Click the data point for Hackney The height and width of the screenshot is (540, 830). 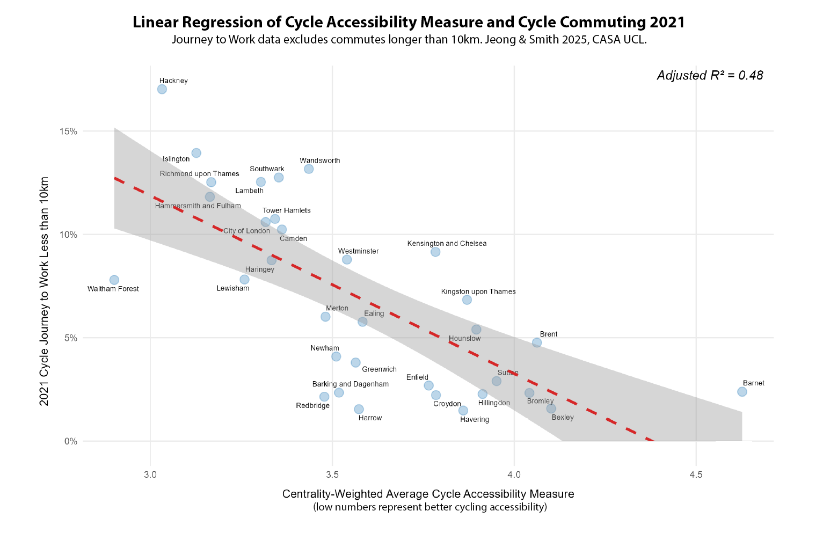pos(162,89)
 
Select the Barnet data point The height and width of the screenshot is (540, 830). pos(742,392)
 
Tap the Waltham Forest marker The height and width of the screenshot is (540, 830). pos(114,280)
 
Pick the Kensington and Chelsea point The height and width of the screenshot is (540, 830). pos(435,252)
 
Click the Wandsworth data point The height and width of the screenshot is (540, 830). pos(309,169)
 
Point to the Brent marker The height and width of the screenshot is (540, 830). pos(537,342)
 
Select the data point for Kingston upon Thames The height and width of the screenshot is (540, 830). pos(467,300)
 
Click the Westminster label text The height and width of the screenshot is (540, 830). pos(358,251)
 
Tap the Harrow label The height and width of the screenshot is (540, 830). pos(370,418)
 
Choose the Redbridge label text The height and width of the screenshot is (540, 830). pos(312,406)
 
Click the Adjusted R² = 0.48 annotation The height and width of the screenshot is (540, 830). pos(710,76)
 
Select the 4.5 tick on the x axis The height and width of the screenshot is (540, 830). pos(696,475)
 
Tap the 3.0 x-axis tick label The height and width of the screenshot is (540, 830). pos(150,475)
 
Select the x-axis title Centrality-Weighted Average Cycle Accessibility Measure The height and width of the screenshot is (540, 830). pos(428,494)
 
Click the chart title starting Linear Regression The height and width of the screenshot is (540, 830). pos(409,23)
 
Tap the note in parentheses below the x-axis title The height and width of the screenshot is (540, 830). pos(429,507)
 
